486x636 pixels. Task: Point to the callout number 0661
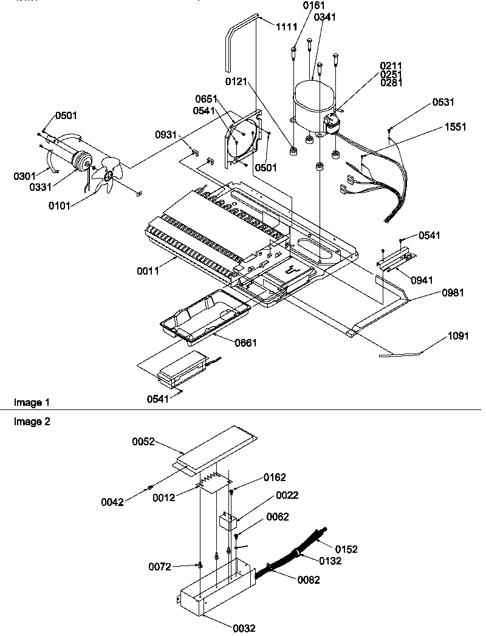tap(246, 343)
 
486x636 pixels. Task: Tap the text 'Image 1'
tap(31, 403)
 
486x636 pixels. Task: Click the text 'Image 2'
tap(31, 422)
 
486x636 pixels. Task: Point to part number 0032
tap(244, 628)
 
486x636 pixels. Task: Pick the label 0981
tap(453, 293)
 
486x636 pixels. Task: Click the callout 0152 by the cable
tap(346, 549)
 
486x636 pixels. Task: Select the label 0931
tap(165, 135)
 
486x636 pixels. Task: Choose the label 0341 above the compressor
tap(324, 18)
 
